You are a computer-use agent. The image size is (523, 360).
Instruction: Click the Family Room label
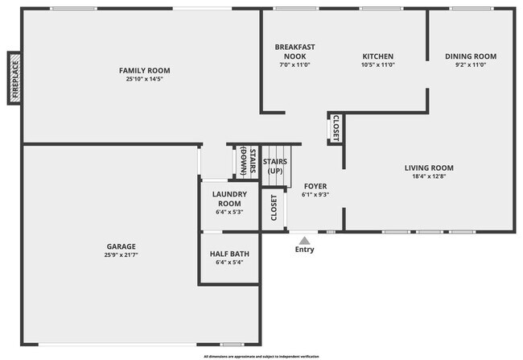click(x=145, y=71)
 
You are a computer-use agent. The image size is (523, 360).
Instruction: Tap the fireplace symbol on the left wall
click(x=14, y=78)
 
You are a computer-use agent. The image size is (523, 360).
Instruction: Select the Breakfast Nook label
click(x=294, y=51)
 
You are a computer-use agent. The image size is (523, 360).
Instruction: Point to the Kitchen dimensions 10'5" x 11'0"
click(x=378, y=64)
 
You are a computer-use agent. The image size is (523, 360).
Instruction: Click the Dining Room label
click(x=471, y=56)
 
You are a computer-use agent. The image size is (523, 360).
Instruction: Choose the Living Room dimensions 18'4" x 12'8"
click(x=429, y=177)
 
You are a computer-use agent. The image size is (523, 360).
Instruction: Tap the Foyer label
click(x=315, y=186)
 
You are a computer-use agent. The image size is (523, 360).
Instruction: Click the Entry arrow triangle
click(x=304, y=238)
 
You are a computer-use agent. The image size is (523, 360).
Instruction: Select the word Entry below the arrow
click(x=304, y=250)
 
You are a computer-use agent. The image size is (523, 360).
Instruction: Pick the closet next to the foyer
click(x=274, y=208)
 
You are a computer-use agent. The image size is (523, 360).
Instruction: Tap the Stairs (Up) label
click(x=275, y=166)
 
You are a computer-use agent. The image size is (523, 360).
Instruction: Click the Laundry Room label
click(x=229, y=199)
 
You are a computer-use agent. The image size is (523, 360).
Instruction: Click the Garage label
click(x=121, y=246)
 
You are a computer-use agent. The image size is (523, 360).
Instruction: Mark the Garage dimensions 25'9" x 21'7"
click(x=121, y=255)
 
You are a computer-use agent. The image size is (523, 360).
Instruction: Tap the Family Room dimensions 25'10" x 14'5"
click(x=145, y=80)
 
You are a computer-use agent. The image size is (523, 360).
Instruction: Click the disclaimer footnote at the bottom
click(x=261, y=355)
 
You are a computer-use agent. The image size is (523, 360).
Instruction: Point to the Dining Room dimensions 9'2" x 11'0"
click(x=471, y=64)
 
